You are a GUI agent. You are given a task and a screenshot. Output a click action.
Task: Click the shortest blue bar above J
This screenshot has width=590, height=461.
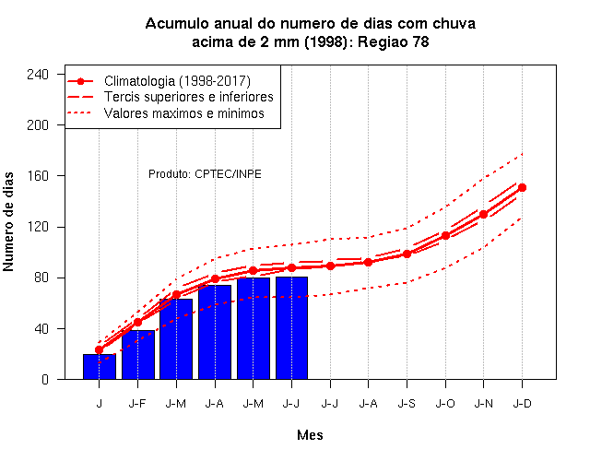point(100,367)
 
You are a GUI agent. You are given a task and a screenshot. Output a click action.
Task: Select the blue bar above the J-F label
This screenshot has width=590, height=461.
point(138,354)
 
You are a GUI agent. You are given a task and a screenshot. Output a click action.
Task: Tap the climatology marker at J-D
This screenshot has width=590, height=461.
point(522,187)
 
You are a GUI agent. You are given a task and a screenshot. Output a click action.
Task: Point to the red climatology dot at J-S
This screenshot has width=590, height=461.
point(407,254)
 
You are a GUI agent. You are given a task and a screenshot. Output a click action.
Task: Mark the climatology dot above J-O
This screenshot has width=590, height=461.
point(445,236)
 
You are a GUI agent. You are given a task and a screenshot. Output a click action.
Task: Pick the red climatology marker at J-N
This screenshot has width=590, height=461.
point(483,214)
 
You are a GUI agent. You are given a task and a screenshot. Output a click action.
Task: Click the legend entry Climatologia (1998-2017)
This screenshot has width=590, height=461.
point(177,81)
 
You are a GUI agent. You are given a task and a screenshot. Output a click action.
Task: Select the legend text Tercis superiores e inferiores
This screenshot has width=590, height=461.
point(188,97)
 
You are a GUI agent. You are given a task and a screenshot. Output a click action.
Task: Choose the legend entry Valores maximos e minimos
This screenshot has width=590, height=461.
point(184,112)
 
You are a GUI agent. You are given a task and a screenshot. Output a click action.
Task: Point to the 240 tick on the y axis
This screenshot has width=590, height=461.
point(38,74)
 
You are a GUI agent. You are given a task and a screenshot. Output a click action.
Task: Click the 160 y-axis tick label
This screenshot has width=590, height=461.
point(38,176)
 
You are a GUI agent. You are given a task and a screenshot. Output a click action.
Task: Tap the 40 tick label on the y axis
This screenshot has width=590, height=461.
point(41,328)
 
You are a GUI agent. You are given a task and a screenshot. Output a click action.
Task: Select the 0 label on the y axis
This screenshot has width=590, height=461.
point(45,379)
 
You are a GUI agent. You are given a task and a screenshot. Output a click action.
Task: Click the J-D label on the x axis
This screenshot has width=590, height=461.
point(522,404)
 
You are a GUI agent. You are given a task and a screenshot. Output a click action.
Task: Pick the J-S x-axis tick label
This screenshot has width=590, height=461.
point(407,404)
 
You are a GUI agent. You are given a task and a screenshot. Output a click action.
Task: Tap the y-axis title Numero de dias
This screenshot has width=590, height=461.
point(8,221)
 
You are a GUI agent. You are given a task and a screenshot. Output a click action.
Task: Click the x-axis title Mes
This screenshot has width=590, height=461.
point(310,435)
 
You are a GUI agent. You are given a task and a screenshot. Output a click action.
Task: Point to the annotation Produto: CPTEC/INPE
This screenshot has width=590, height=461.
point(205,174)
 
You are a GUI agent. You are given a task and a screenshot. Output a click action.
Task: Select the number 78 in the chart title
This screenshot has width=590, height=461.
point(420,41)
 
